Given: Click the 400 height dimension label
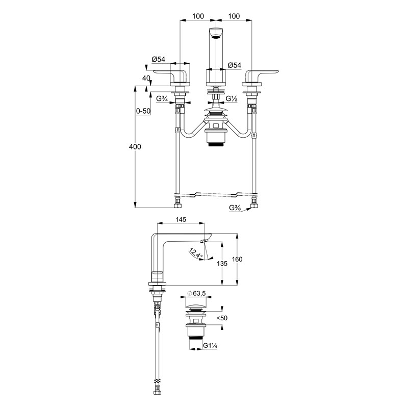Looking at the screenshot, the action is [135, 147].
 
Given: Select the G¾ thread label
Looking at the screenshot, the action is [161, 99].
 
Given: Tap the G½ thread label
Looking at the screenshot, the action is [231, 99].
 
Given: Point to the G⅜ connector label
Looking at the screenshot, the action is [235, 208].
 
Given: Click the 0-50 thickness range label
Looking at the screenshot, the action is [143, 111].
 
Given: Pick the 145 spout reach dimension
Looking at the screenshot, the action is [181, 220].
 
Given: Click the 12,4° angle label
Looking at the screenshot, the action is [196, 253].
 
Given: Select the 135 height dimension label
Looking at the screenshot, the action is [222, 264].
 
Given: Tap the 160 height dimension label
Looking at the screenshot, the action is [237, 259].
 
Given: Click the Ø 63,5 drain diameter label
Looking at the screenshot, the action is [196, 293].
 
